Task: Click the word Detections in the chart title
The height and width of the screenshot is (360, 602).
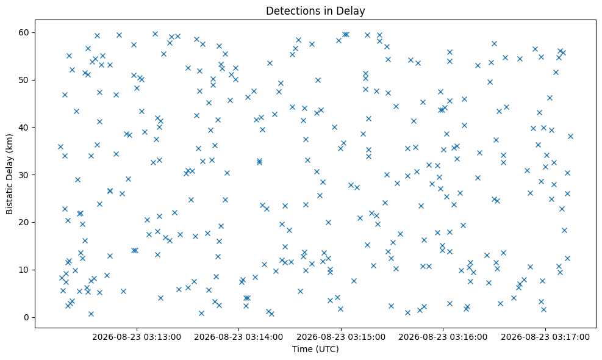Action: coord(294,11)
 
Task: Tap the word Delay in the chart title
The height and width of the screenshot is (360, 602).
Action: coord(353,11)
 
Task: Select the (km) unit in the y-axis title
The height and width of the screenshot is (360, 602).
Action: coord(10,143)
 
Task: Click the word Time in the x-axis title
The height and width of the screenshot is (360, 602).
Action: coord(302,349)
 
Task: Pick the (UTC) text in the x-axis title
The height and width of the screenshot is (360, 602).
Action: coord(327,349)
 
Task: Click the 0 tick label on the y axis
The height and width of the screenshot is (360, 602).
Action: coord(26,317)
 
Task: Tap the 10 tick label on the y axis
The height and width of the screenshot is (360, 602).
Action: coord(24,270)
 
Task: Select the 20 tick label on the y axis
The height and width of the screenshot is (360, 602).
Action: coord(24,223)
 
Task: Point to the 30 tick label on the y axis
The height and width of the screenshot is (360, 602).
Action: coord(24,175)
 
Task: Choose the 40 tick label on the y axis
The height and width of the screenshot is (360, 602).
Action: coord(24,127)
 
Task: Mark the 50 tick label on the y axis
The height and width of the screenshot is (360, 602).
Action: coord(24,80)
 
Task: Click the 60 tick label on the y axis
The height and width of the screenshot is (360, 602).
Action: coord(24,32)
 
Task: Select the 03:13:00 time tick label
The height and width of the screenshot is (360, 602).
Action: coord(136,337)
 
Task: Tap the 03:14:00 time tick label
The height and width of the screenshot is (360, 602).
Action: coord(238,337)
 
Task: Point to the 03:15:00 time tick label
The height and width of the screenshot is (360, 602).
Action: coord(341,337)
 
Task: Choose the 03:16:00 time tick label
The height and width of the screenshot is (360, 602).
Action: coord(443,337)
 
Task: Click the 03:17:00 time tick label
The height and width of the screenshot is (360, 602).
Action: coord(545,337)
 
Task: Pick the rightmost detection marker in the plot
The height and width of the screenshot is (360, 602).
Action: coord(570,137)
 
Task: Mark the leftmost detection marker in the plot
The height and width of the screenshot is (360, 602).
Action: coord(60,147)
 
